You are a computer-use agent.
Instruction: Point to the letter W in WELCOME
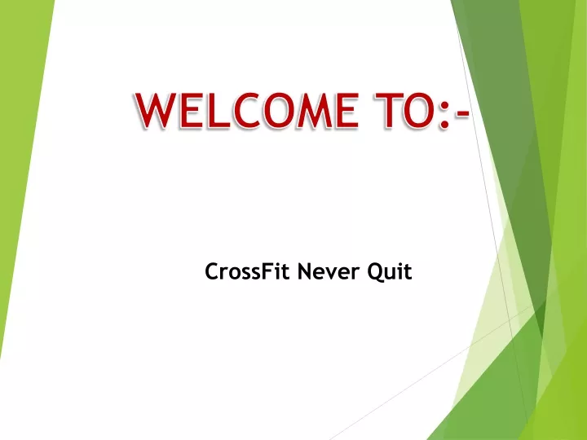pos(157,111)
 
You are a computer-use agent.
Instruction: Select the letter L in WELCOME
pos(218,111)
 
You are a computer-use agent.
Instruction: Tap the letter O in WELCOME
pos(277,111)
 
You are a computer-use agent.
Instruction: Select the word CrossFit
pos(247,271)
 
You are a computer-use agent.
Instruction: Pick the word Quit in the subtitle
pos(390,272)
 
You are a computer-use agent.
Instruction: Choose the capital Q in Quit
pos(375,272)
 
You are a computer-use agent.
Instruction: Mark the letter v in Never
pos(333,274)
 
